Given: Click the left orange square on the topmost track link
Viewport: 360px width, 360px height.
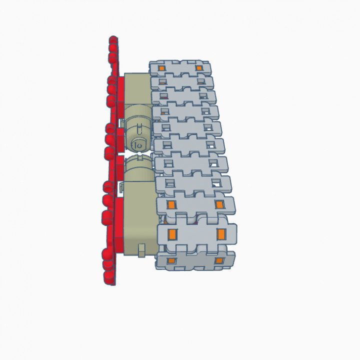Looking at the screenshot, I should point(161,68).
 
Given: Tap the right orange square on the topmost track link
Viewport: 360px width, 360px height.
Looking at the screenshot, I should point(198,68).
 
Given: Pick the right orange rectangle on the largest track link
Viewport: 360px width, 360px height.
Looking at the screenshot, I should point(221,234).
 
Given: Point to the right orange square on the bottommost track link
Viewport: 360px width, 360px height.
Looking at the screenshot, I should point(218,261).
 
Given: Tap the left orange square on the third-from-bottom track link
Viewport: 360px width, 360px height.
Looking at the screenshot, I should point(170,205).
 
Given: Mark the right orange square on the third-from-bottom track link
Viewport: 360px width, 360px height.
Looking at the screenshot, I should point(218,204).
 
